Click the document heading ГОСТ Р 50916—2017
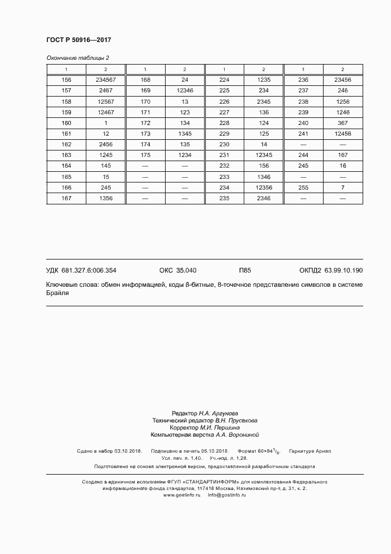click(78, 40)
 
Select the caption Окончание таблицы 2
click(77, 58)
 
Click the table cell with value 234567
click(105, 80)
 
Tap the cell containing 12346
click(185, 91)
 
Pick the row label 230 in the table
click(224, 145)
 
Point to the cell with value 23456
click(342, 80)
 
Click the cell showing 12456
click(342, 134)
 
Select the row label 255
click(303, 188)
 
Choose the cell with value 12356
click(263, 188)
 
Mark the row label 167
click(66, 198)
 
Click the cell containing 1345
click(185, 134)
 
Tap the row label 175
click(145, 155)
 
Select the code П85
click(245, 270)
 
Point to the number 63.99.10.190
click(344, 270)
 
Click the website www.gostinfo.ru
click(182, 495)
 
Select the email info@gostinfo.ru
click(227, 495)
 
